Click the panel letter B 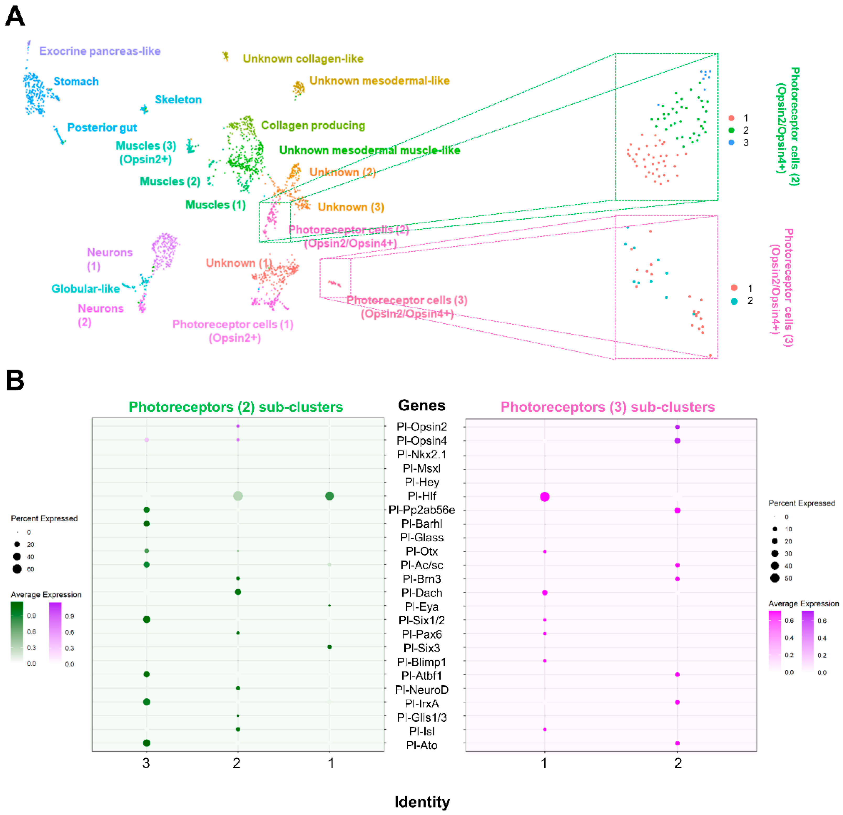point(15,380)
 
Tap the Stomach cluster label point(76,81)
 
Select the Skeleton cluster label point(178,99)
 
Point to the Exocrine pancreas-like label point(100,51)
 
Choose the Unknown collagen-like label point(303,59)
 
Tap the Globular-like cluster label point(85,288)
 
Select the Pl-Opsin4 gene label point(422,441)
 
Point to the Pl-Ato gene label point(422,745)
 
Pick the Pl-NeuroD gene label point(422,690)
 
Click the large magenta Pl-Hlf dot point(545,496)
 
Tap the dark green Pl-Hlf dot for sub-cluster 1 point(329,496)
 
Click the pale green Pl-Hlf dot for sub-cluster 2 point(238,496)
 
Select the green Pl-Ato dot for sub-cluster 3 point(147,743)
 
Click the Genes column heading point(422,405)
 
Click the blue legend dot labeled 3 point(732,142)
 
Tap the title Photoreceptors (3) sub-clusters point(608,407)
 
